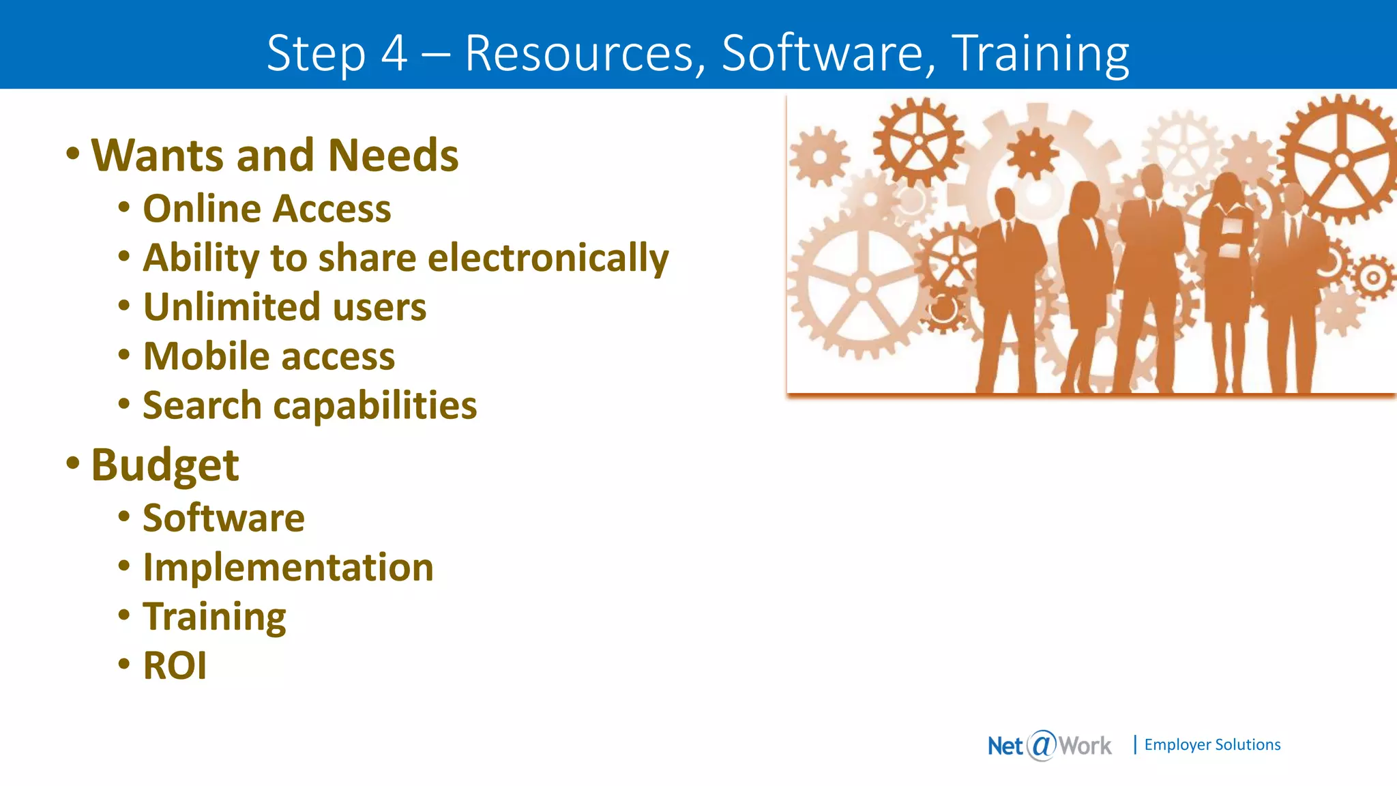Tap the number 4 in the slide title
coord(394,53)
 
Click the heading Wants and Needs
coord(275,156)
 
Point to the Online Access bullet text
coord(267,209)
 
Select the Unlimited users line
coord(284,307)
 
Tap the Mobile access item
coord(269,356)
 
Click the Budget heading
coord(165,465)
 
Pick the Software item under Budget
coord(224,518)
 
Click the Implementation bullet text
coord(288,567)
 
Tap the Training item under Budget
coord(214,617)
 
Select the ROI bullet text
coord(175,666)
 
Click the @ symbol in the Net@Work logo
coord(1042,745)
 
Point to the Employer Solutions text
coord(1212,744)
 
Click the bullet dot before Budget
coord(73,464)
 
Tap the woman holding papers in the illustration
coord(1230,273)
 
